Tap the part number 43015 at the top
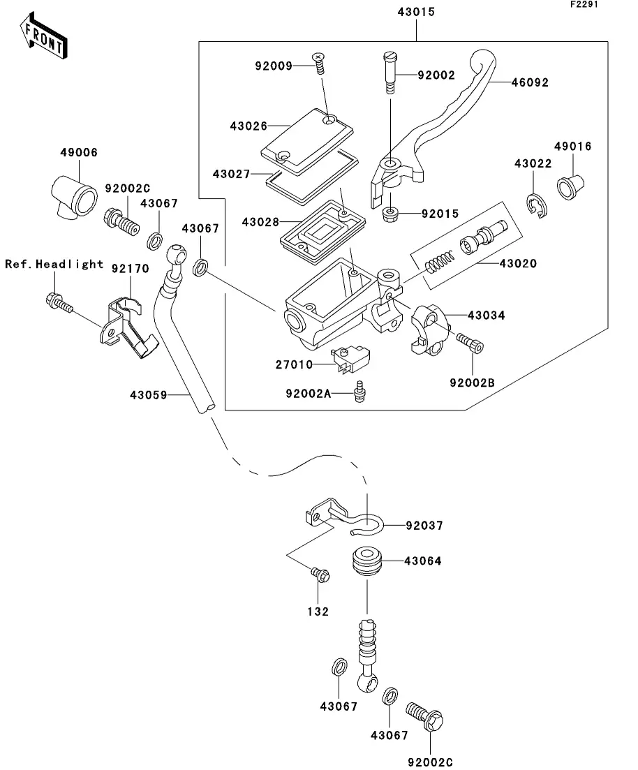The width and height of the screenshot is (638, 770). tap(417, 13)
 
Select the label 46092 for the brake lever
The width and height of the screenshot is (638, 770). tap(530, 82)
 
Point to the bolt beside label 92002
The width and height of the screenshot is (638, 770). tap(390, 73)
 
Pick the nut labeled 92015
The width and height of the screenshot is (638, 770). tap(392, 214)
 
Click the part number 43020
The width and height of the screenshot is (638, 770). tap(520, 264)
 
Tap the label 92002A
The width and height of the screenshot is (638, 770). tap(308, 394)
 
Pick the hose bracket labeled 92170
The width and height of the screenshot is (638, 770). tap(130, 325)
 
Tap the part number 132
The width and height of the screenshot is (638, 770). tap(320, 612)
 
